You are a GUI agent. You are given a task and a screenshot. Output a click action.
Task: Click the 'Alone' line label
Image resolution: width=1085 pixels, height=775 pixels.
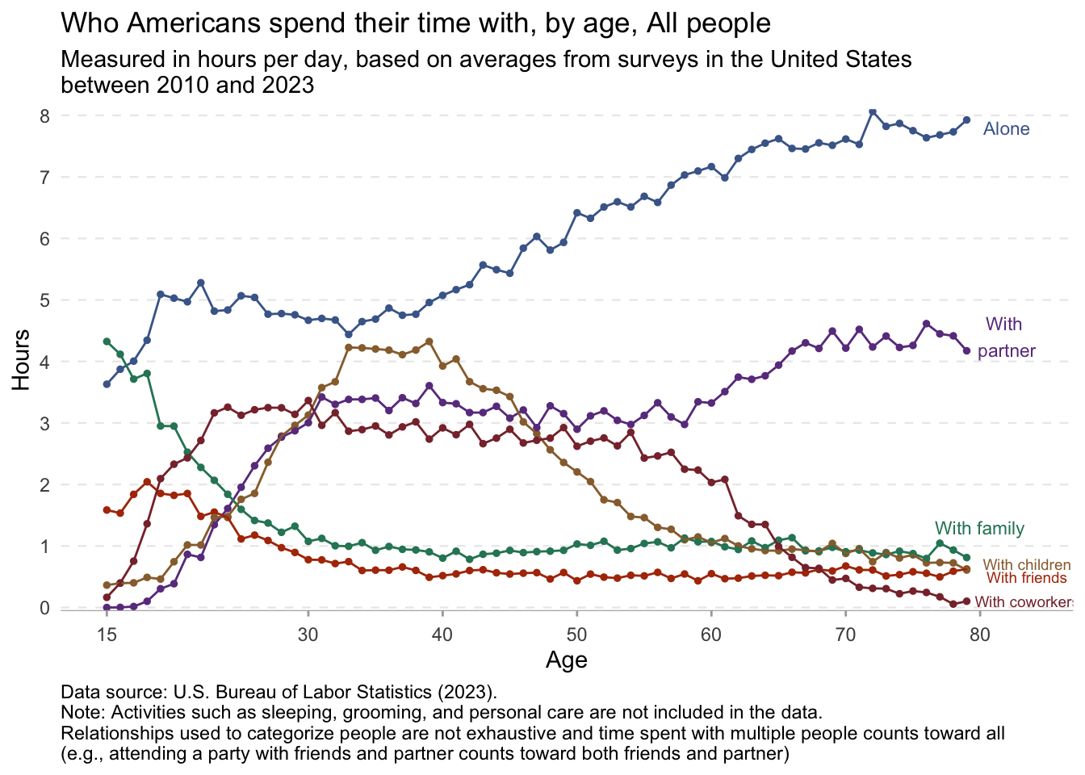1006,129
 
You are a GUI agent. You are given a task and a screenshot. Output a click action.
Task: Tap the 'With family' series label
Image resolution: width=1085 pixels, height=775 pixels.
979,529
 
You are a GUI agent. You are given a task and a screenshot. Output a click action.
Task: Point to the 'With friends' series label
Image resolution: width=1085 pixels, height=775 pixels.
1027,578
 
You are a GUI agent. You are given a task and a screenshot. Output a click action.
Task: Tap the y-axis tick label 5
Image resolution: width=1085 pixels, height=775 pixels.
45,300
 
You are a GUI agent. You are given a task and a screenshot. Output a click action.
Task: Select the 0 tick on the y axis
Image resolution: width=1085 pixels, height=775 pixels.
45,608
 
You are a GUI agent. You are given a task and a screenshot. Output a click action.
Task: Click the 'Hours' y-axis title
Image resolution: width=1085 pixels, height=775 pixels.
22,360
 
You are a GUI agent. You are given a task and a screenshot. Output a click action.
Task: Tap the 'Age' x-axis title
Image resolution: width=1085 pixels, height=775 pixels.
566,660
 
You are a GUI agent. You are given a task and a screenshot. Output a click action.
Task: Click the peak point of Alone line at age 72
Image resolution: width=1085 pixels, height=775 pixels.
872,111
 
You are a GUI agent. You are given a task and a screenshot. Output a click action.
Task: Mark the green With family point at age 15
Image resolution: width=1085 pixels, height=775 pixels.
107,341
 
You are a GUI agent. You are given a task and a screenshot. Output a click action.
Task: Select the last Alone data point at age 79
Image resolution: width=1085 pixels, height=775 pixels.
966,120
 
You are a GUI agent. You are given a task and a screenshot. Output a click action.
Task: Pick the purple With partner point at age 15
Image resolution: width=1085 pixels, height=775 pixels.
107,608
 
